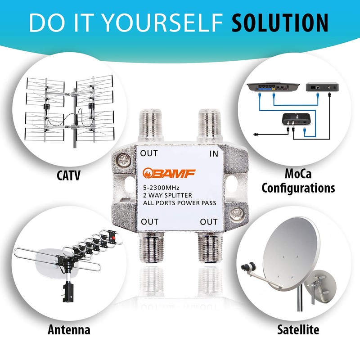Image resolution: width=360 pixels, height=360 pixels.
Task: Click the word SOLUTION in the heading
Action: pos(280,22)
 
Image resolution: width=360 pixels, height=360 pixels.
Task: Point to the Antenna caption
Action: pos(69,330)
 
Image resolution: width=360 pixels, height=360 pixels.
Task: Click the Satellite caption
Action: pos(298,330)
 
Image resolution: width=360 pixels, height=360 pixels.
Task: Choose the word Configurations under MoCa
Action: pos(298,187)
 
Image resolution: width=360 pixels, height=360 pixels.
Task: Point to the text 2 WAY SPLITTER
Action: pos(167,195)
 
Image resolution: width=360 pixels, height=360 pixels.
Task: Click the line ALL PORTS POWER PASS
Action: pos(178,203)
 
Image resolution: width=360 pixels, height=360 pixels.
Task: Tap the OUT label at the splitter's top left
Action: pos(149,153)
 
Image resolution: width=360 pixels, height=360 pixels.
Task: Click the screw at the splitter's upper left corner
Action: pos(123,160)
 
